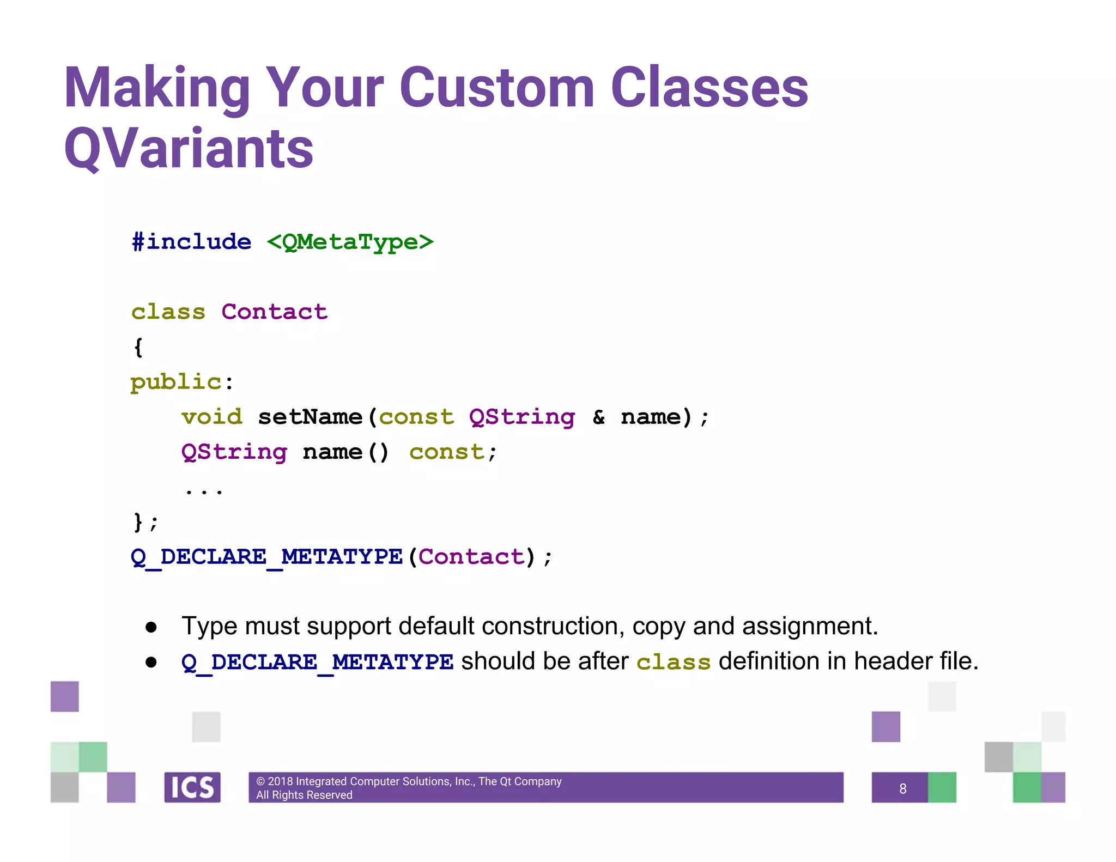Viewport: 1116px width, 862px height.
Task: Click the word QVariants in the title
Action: pos(189,149)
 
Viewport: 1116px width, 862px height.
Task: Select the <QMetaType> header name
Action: pos(350,242)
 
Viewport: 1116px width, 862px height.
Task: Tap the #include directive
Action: pos(191,242)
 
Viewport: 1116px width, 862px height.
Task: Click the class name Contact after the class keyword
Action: pos(274,312)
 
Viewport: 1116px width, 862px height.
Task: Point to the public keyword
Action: pos(175,382)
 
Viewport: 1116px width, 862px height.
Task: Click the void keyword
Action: pos(211,417)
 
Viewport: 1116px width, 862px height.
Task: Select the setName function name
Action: pos(310,417)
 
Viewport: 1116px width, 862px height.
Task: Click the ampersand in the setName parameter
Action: pos(598,417)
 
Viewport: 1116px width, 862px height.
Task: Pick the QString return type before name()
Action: pos(234,452)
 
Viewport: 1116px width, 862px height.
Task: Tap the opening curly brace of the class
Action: pos(138,347)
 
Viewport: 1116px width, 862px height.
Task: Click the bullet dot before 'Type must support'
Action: pos(151,627)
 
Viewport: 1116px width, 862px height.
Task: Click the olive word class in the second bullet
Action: pos(673,662)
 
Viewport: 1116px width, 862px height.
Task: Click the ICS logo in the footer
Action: pos(192,787)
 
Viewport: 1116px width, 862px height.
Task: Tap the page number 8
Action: pos(902,788)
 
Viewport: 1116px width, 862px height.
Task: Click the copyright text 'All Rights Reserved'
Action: pos(304,795)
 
